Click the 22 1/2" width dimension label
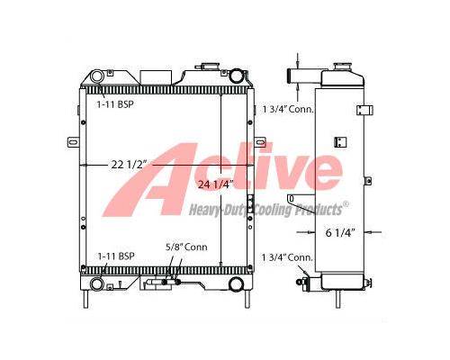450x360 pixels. click(129, 165)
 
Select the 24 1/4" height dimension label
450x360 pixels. click(215, 184)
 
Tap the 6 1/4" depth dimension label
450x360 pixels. click(340, 233)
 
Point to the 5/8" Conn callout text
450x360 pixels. click(186, 247)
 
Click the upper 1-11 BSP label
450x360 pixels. click(115, 104)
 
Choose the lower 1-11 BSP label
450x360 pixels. click(116, 256)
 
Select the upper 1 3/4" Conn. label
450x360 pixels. click(288, 109)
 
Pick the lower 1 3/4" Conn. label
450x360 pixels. click(287, 257)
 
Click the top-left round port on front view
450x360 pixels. click(97, 76)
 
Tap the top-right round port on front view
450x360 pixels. click(236, 76)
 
